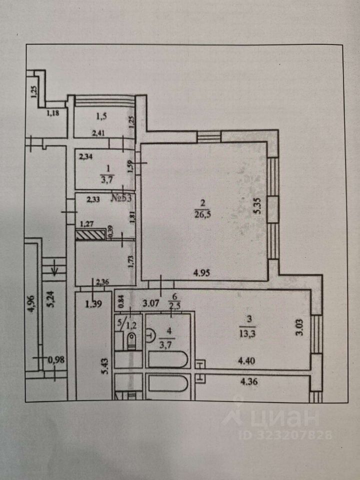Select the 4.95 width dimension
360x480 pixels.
203,273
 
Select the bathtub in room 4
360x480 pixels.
168,360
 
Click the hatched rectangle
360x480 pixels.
90,233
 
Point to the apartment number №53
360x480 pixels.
121,197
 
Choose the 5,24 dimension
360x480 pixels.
50,305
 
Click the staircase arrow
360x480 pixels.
53,270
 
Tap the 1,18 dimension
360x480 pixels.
53,113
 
